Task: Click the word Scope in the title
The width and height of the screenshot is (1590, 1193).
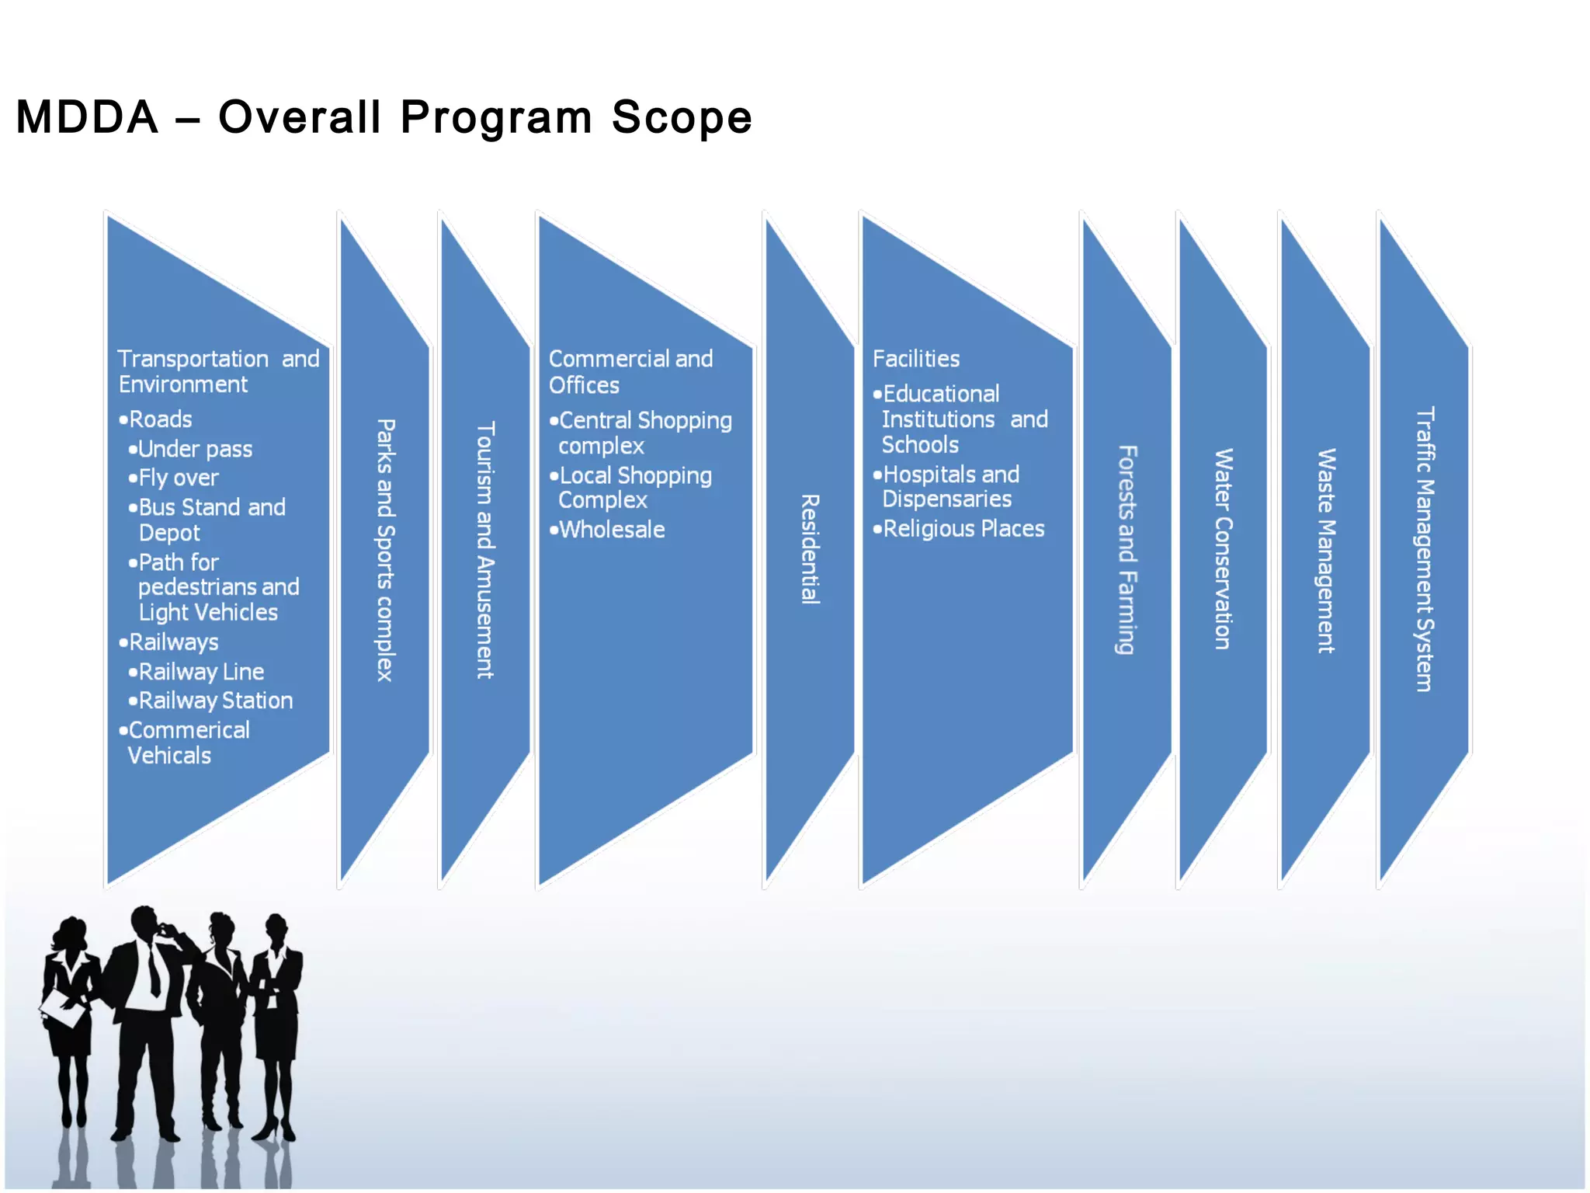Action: click(681, 118)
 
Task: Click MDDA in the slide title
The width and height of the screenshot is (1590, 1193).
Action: click(87, 118)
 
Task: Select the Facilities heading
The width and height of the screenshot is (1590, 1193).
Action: click(916, 359)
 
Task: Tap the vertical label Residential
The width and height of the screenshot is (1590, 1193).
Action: click(810, 548)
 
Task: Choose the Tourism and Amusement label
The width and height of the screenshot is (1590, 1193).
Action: click(484, 550)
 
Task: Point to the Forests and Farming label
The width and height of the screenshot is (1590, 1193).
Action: click(1127, 549)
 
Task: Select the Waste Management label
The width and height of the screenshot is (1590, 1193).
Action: click(1326, 550)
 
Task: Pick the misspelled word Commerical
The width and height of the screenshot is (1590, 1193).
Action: click(189, 730)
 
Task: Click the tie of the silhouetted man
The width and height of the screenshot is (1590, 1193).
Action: click(154, 971)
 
